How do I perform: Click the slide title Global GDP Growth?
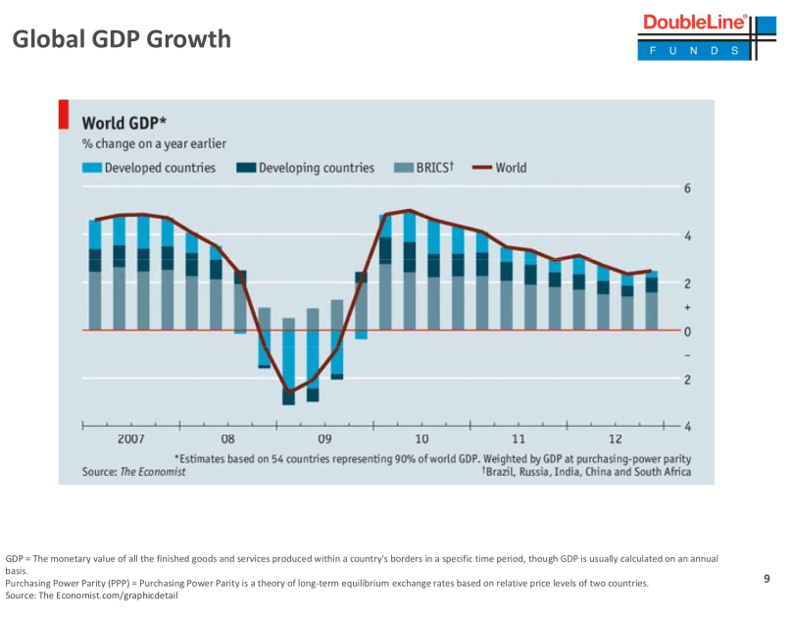click(x=122, y=39)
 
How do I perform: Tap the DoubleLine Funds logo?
click(x=695, y=36)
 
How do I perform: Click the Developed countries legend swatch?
click(x=92, y=168)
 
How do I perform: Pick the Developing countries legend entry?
click(x=316, y=168)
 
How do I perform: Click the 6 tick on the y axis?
click(x=687, y=188)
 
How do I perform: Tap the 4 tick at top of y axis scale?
click(x=687, y=235)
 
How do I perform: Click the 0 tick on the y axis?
click(x=687, y=331)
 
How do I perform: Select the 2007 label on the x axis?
click(x=131, y=439)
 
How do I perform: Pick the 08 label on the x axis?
click(x=227, y=439)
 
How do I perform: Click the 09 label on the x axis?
click(x=324, y=439)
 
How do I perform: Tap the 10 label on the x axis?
click(x=421, y=439)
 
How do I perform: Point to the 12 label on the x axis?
click(x=616, y=439)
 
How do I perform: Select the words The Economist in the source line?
click(x=152, y=472)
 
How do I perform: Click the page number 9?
click(x=766, y=579)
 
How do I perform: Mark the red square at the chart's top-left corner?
click(x=64, y=114)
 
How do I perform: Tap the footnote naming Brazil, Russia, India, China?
click(x=585, y=472)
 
